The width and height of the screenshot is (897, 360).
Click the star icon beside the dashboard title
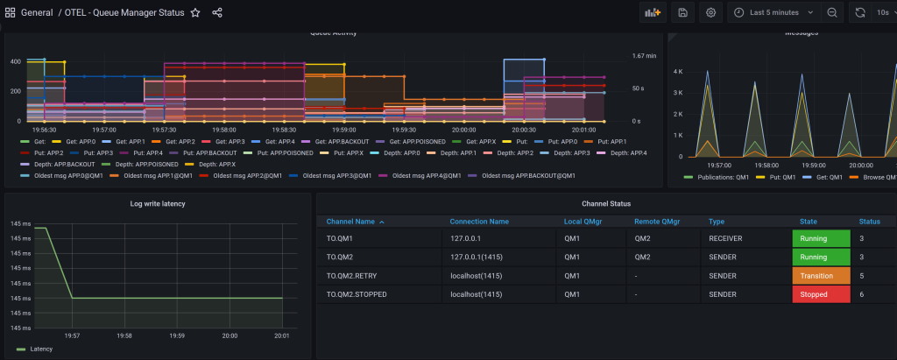pos(195,13)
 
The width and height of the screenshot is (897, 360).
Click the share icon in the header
pos(217,13)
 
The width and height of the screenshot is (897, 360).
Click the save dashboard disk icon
pos(682,13)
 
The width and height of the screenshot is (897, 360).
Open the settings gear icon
pos(710,13)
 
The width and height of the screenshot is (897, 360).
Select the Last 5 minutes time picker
pos(773,13)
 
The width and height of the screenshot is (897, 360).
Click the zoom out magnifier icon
pos(832,13)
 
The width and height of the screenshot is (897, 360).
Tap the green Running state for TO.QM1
pos(820,238)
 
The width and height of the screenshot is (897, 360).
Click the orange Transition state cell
pos(820,276)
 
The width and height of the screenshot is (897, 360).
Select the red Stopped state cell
pos(820,295)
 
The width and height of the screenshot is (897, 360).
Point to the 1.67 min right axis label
pos(645,56)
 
